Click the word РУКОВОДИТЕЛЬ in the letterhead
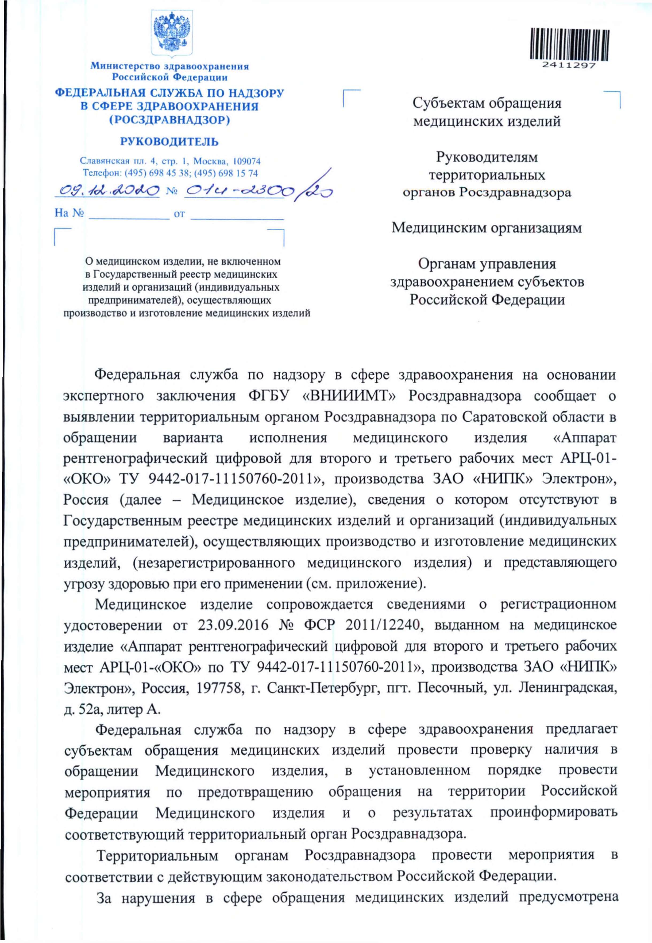tap(169, 142)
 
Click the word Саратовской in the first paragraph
tap(504, 417)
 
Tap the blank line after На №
tap(129, 214)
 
